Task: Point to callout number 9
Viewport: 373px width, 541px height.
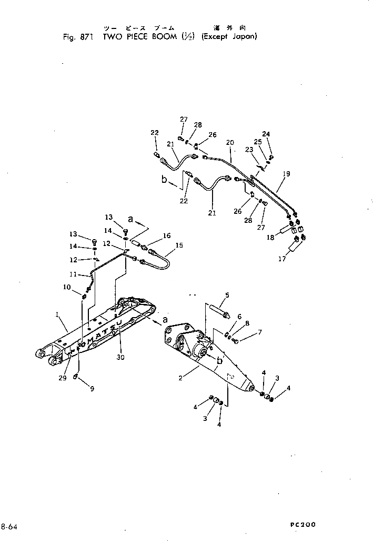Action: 93,389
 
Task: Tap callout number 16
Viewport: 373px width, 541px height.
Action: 167,237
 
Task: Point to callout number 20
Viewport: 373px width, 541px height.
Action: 230,142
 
